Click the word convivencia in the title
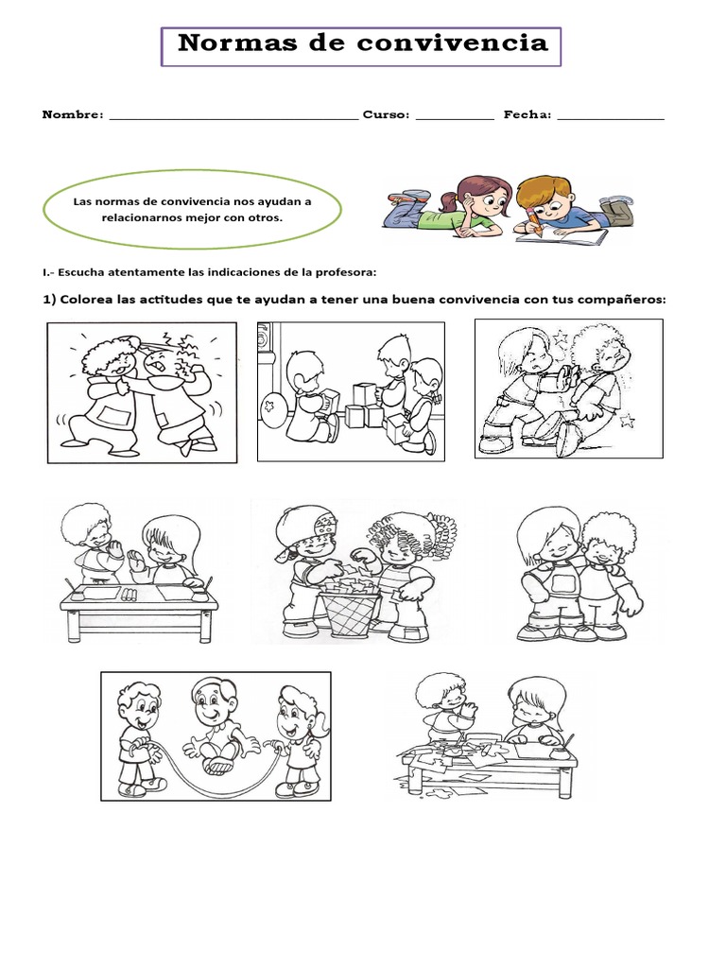[452, 43]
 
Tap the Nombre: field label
[73, 114]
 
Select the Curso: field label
[386, 114]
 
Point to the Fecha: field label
[527, 114]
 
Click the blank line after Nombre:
[234, 118]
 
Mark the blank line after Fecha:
[611, 118]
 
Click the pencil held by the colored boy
[533, 221]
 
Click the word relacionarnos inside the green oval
[142, 217]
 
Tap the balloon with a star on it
[272, 408]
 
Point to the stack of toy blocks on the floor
[367, 406]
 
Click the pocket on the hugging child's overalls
[562, 582]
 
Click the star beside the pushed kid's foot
[627, 422]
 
